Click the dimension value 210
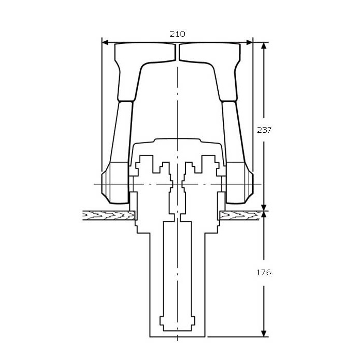pyautogui.click(x=177, y=34)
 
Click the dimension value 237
pyautogui.click(x=264, y=130)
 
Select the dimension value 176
pyautogui.click(x=264, y=272)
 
